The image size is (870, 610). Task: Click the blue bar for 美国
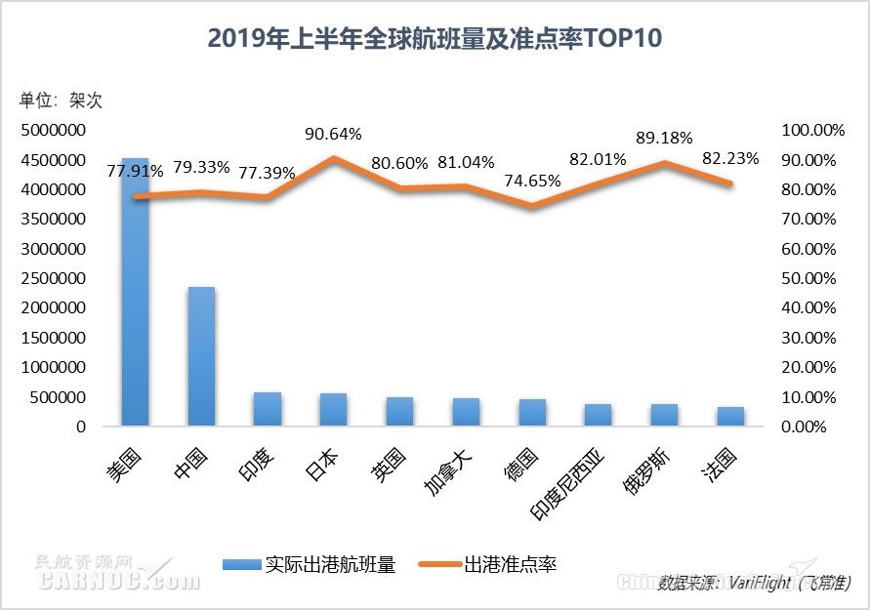pos(135,293)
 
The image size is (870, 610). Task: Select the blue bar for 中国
pos(201,356)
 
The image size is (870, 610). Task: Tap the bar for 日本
pos(334,410)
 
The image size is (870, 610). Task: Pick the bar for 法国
pos(731,417)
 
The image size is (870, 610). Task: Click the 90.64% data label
pos(334,134)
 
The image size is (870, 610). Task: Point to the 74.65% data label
pos(533,180)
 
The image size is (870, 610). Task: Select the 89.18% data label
pos(664,138)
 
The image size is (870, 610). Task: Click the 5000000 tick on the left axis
pos(53,130)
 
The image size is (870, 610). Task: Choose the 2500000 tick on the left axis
pos(53,278)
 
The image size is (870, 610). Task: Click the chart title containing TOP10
pos(435,38)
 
